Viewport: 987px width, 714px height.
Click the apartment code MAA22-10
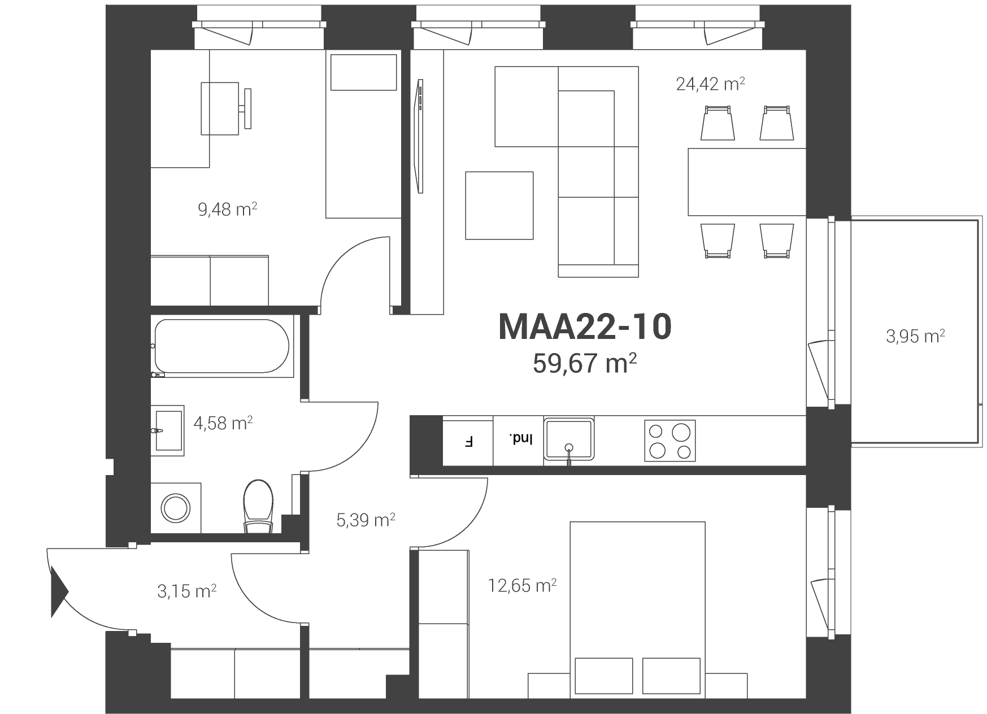coord(585,327)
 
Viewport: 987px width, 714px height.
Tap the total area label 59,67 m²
coord(585,364)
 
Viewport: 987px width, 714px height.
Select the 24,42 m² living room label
coord(710,84)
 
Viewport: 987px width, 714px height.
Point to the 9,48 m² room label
coord(227,210)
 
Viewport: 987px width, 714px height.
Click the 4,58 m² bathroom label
coord(223,423)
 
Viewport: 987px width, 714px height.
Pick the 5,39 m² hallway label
coord(366,520)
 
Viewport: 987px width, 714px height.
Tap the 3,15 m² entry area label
coord(186,591)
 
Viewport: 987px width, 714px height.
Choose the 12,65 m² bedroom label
coord(523,586)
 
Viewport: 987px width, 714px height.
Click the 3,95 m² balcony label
coord(915,337)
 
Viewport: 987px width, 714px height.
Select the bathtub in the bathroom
coord(222,346)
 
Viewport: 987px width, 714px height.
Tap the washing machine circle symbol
coord(176,508)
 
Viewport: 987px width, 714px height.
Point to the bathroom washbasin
coord(168,430)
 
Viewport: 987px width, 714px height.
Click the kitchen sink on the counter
coord(568,441)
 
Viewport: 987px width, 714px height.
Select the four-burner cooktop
coord(669,441)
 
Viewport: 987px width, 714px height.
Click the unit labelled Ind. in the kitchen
coord(519,441)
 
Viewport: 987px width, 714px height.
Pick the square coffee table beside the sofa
coord(499,206)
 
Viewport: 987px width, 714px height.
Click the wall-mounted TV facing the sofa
coord(419,136)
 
